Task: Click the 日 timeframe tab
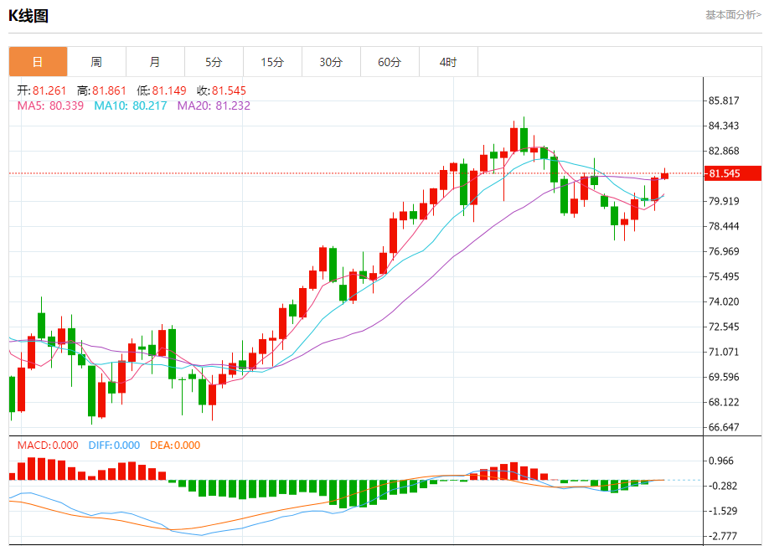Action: click(38, 62)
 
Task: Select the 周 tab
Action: click(96, 62)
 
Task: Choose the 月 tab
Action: click(155, 62)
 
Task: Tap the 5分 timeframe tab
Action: click(214, 62)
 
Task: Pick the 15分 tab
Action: click(272, 62)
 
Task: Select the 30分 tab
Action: click(331, 62)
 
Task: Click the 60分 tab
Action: click(390, 62)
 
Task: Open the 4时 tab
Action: click(448, 62)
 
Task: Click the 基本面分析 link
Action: click(733, 14)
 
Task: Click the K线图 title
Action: click(28, 15)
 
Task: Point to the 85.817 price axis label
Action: click(724, 100)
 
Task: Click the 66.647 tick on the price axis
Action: click(724, 427)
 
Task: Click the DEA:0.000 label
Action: click(175, 446)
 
